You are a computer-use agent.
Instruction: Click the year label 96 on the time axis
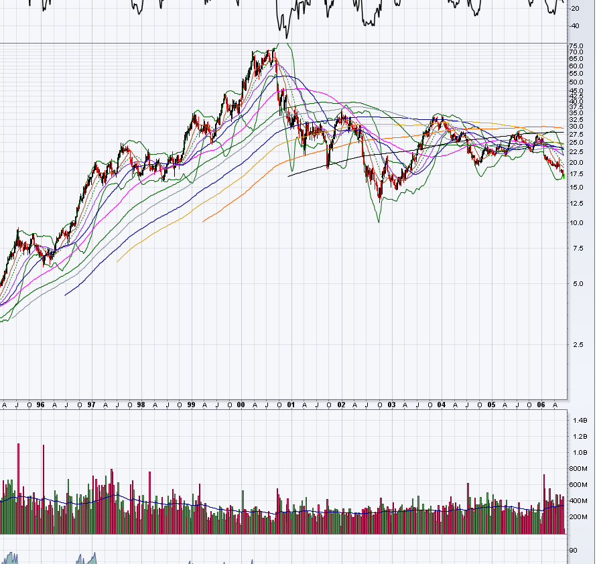click(x=41, y=405)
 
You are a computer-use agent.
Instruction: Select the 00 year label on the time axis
click(x=241, y=405)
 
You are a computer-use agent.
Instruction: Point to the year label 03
click(x=391, y=405)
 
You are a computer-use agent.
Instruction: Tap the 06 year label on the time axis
click(x=541, y=405)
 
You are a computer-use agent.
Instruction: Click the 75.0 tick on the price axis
click(x=576, y=45)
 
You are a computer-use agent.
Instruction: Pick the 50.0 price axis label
click(x=576, y=82)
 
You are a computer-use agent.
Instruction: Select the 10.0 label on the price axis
click(x=576, y=223)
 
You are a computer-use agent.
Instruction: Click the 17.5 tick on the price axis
click(x=576, y=174)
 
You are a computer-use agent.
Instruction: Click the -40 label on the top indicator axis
click(x=575, y=26)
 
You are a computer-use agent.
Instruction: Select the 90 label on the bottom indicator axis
click(x=574, y=551)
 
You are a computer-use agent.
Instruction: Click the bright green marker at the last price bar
click(x=563, y=176)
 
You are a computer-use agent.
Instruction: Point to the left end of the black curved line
click(x=288, y=176)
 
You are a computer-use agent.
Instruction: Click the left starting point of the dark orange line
click(x=203, y=220)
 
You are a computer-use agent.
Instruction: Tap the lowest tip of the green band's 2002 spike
click(x=379, y=222)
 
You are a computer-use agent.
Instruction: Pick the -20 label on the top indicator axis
click(x=575, y=9)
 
